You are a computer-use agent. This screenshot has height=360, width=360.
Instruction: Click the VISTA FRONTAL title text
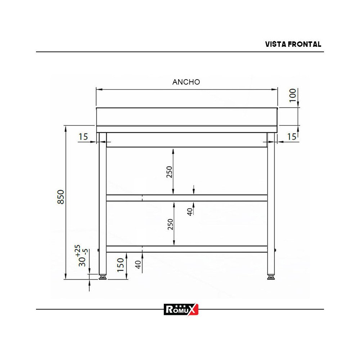tap(293, 44)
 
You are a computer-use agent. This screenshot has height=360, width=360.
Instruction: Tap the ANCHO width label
tap(186, 82)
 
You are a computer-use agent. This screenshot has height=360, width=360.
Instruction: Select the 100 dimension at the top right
tap(293, 95)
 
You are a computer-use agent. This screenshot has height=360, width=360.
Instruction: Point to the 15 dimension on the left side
tap(83, 137)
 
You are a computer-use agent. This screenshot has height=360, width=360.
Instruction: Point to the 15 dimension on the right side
tap(292, 137)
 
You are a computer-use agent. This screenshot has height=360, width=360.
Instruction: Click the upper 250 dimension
tap(170, 172)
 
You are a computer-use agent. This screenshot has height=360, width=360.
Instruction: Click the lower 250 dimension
tap(170, 224)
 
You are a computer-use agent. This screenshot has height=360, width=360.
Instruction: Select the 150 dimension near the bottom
tap(121, 265)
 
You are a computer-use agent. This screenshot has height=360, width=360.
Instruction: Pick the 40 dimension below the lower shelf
tap(138, 265)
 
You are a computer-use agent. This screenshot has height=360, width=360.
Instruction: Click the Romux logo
tap(181, 309)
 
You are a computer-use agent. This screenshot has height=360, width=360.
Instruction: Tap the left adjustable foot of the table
tap(103, 277)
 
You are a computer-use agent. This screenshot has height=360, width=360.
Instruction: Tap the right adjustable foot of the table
tap(271, 277)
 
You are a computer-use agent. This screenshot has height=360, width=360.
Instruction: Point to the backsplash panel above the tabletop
tap(187, 116)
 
